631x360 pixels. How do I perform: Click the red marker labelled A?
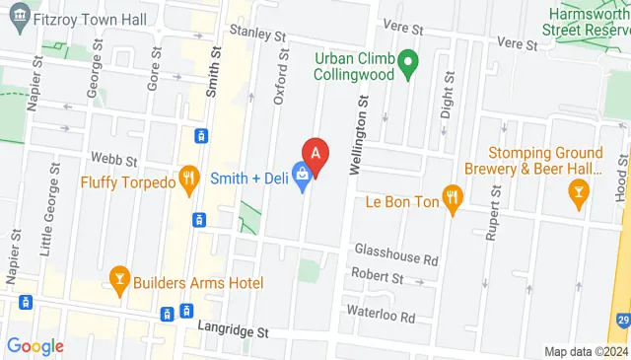pyautogui.click(x=315, y=154)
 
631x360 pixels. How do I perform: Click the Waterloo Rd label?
pyautogui.click(x=381, y=316)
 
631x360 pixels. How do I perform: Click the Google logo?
pyautogui.click(x=35, y=346)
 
